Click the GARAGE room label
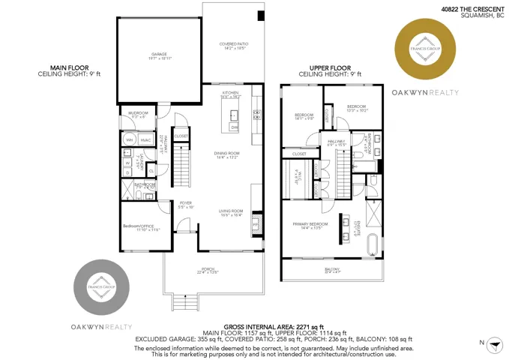158,55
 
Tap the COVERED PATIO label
233,46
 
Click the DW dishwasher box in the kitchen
234,127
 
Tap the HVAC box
145,139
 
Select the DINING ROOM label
226,155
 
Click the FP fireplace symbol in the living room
255,223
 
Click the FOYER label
185,204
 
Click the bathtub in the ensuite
373,245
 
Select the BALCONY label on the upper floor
332,271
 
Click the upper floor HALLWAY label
337,142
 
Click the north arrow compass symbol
493,343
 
